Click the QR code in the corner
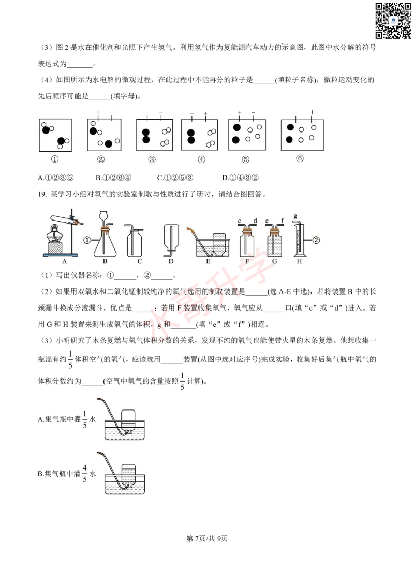pos(393,20)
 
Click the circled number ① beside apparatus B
pos(87,240)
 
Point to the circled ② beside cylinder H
pos(316,240)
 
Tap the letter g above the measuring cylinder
pos(295,216)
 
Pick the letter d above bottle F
pos(255,221)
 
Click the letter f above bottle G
pos(282,221)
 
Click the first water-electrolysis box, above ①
pos(55,135)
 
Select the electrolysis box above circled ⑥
pos(302,135)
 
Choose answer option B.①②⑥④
pos(113,178)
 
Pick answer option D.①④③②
pos(240,178)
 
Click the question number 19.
pos(42,194)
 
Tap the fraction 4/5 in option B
pos(85,473)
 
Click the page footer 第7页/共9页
pos(207,538)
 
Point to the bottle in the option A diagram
pos(129,419)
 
